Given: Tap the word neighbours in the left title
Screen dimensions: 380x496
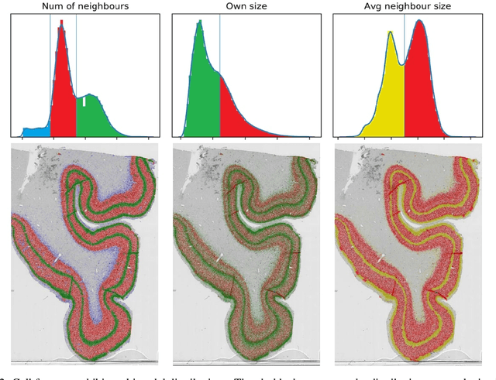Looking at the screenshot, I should pyautogui.click(x=104, y=6).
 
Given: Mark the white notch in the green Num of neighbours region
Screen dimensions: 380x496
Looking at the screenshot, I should pyautogui.click(x=84, y=101).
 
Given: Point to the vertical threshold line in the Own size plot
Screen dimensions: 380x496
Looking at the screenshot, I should pyautogui.click(x=219, y=46).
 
